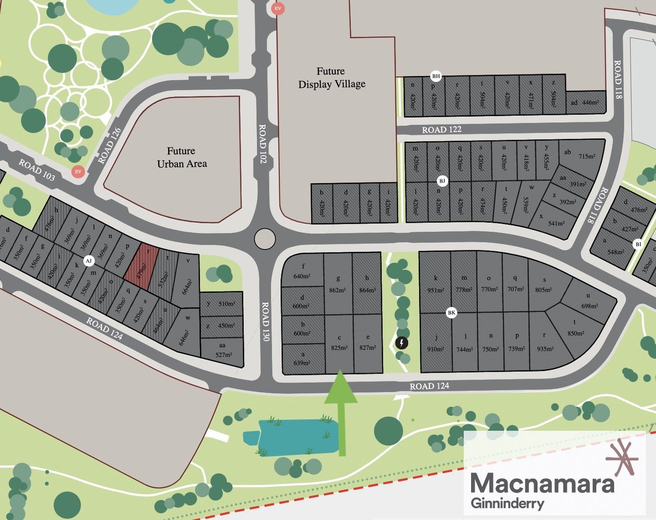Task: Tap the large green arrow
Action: [x=341, y=409]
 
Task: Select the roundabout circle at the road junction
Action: [x=264, y=239]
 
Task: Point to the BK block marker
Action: [x=451, y=313]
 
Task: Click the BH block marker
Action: [x=436, y=76]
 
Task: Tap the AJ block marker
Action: [x=88, y=261]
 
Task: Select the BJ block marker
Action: [x=442, y=181]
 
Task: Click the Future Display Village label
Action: [x=331, y=78]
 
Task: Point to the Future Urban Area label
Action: [x=182, y=157]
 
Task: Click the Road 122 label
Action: [x=441, y=130]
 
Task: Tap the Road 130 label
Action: [x=264, y=322]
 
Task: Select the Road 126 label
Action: [x=109, y=145]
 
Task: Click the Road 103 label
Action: [x=37, y=170]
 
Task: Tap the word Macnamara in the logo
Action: [x=542, y=483]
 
